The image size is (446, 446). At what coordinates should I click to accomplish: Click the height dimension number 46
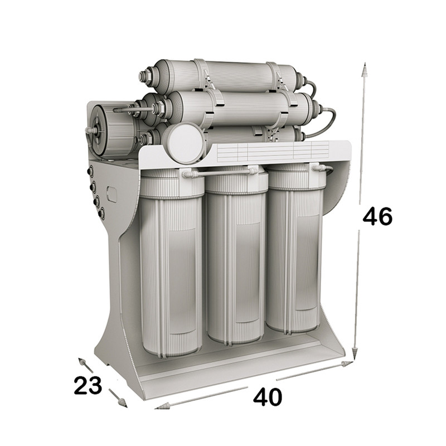(x=377, y=216)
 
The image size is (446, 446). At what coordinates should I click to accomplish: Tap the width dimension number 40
(x=268, y=397)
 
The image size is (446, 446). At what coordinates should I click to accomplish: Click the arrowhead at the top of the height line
(x=364, y=70)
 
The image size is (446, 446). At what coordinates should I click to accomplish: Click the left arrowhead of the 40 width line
(x=162, y=406)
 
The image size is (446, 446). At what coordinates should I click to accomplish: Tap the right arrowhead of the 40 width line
(x=347, y=364)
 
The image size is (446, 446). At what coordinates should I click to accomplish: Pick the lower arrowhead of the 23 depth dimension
(x=123, y=403)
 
